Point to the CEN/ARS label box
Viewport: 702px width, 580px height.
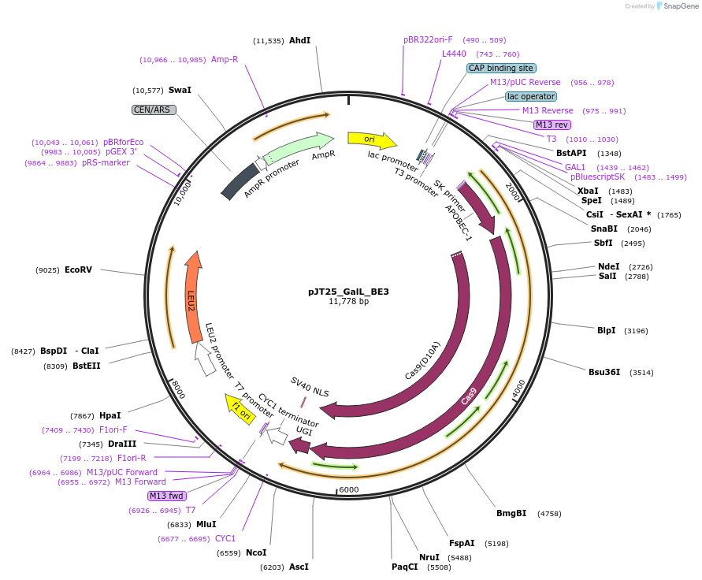click(x=154, y=110)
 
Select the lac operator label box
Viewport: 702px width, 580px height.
click(x=531, y=96)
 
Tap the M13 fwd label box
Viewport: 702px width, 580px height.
click(x=167, y=496)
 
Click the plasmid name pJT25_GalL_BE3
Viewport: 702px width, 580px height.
click(x=348, y=292)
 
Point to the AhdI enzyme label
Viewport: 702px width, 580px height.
click(x=300, y=40)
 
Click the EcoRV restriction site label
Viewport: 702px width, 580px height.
click(x=78, y=270)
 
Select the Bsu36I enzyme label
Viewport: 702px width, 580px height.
click(x=604, y=372)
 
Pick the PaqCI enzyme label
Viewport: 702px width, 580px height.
click(x=405, y=567)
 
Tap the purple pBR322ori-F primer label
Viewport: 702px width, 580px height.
click(x=428, y=39)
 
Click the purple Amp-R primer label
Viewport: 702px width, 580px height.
click(x=225, y=59)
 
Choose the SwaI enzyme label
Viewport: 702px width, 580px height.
click(x=180, y=90)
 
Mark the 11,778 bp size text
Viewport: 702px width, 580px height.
click(x=348, y=302)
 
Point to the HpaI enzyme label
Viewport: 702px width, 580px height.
click(x=110, y=415)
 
